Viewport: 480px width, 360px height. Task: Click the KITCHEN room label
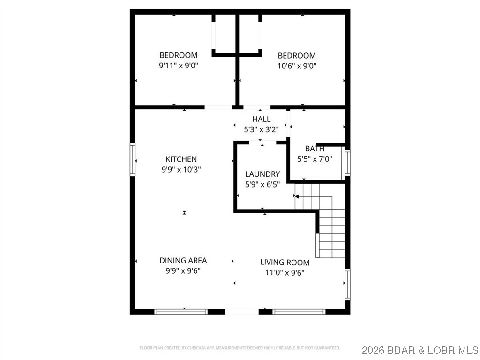tap(181, 159)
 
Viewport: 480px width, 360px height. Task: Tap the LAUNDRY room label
tap(262, 174)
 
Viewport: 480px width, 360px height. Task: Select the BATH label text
tap(315, 149)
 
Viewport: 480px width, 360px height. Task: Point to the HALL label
tap(261, 119)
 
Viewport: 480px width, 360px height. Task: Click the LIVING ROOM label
tap(285, 262)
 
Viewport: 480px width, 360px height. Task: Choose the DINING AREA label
tap(183, 260)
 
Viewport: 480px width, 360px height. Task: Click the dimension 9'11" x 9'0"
tap(179, 66)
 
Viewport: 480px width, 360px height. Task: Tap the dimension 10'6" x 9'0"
tap(297, 66)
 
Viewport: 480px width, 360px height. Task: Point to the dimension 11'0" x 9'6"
tap(285, 272)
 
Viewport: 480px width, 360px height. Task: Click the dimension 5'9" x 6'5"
tap(262, 184)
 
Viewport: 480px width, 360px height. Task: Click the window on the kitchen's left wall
tap(133, 160)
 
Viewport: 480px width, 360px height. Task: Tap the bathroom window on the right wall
tap(347, 162)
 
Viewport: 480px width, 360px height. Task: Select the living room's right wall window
tap(347, 284)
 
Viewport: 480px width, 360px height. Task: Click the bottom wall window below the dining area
tap(181, 311)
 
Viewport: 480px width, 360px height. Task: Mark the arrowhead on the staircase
tap(297, 197)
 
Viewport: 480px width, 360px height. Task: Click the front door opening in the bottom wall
tap(241, 311)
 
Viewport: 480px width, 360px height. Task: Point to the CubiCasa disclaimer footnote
tap(240, 348)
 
